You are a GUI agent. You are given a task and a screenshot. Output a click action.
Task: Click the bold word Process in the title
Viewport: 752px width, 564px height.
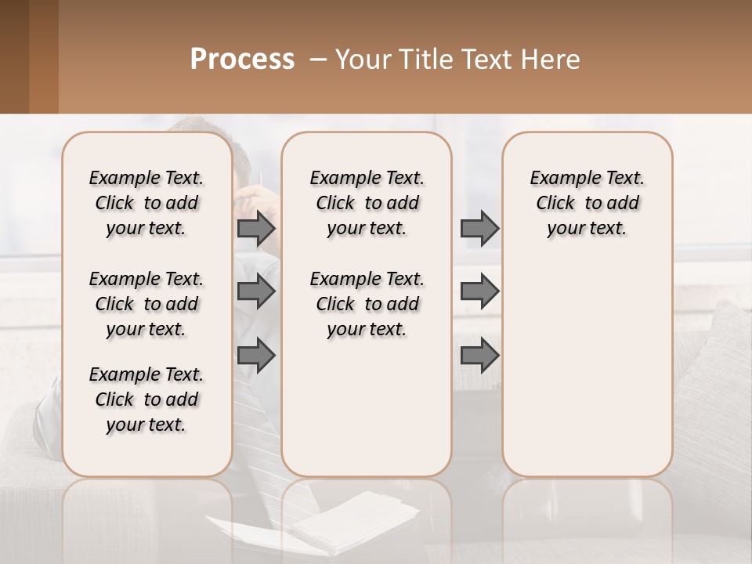point(242,60)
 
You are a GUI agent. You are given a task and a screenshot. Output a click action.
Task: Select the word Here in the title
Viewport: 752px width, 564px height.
point(551,60)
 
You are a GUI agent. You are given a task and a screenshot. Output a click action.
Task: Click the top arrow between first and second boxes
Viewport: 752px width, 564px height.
point(256,229)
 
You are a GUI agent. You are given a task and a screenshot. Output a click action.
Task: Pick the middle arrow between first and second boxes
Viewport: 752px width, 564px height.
point(256,292)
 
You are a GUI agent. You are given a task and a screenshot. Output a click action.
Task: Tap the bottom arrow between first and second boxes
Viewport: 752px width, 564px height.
point(256,356)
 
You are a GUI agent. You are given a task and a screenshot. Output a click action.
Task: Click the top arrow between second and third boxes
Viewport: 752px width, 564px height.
point(479,229)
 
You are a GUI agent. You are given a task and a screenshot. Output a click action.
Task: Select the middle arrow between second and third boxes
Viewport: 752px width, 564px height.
point(479,292)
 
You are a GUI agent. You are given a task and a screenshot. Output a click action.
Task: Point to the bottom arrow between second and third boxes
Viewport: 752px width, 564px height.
point(479,356)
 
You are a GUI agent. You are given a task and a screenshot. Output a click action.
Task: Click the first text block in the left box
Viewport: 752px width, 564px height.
point(146,203)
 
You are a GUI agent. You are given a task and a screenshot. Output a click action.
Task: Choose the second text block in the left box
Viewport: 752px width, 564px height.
point(146,304)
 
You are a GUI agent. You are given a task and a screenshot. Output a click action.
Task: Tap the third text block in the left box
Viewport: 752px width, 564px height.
point(146,399)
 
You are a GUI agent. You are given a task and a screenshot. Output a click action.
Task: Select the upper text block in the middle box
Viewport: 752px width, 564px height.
point(367,203)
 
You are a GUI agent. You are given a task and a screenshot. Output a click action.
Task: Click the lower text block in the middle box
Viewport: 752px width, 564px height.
point(367,304)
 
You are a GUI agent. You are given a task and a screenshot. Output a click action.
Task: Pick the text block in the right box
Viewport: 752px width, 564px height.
point(587,203)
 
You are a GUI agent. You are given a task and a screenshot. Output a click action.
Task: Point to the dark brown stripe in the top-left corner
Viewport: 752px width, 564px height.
point(14,56)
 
